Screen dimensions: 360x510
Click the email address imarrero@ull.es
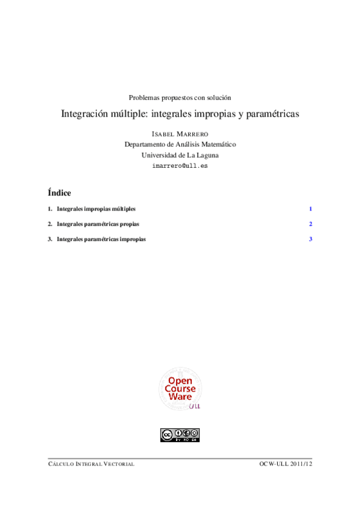click(180, 165)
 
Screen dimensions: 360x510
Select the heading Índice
click(59, 193)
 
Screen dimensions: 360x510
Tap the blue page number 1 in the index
click(311, 209)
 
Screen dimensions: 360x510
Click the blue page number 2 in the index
click(311, 224)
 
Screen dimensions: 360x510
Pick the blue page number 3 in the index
click(311, 239)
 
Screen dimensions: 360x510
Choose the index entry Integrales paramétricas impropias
click(100, 239)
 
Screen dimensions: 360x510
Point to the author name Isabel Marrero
click(180, 134)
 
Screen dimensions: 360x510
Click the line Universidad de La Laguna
click(180, 155)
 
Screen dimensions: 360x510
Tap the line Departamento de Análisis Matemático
click(180, 144)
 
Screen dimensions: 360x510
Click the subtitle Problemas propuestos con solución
click(180, 97)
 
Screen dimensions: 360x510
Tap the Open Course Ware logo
click(180, 390)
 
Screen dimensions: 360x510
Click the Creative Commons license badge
click(180, 434)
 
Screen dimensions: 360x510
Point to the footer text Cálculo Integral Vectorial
click(91, 464)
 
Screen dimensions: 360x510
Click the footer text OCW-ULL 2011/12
click(286, 464)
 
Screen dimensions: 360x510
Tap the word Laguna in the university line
click(205, 155)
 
